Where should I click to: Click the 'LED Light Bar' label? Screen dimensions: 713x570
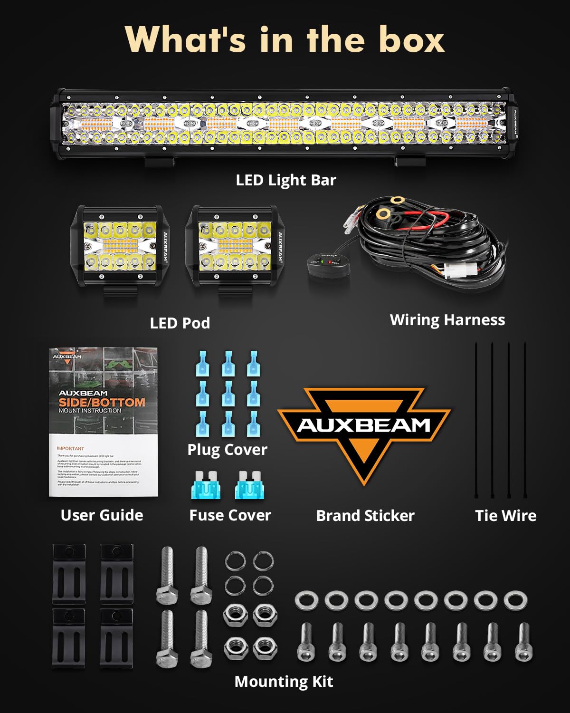[x=286, y=180]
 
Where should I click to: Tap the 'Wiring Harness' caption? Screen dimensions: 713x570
[x=447, y=320]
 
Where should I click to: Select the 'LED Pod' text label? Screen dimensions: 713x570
[x=180, y=323]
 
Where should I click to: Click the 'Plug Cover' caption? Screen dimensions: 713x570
[x=227, y=450]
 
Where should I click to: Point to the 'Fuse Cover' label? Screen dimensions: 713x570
[x=230, y=515]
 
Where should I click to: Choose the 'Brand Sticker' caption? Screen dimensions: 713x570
[x=365, y=516]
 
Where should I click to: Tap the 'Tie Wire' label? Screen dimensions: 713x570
[x=505, y=516]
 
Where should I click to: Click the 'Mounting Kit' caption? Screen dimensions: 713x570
[x=284, y=682]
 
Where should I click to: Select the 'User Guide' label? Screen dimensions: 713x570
[x=102, y=515]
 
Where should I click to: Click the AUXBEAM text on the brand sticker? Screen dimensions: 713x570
[x=363, y=425]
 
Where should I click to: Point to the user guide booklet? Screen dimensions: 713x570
[x=103, y=422]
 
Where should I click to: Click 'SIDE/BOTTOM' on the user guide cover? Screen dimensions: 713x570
[x=102, y=402]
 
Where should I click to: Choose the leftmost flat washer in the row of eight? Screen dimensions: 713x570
[x=306, y=601]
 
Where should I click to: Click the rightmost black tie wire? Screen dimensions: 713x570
[x=525, y=418]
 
